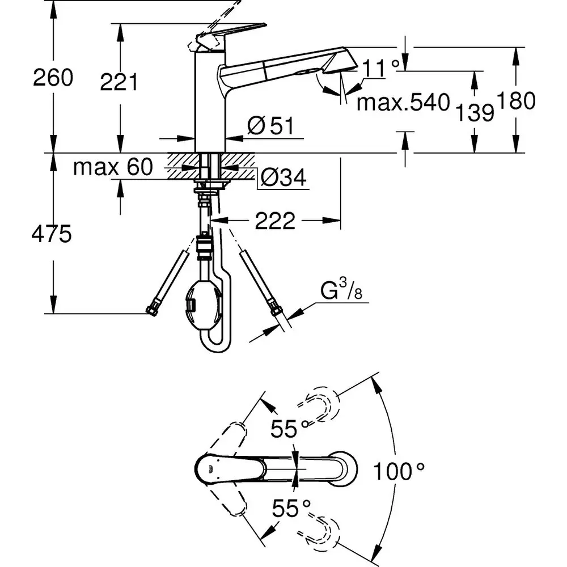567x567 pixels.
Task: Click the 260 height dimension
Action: (x=53, y=78)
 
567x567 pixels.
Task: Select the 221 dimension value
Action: (x=119, y=83)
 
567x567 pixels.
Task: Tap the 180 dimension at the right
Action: (x=515, y=101)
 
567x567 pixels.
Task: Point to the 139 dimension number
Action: (x=475, y=113)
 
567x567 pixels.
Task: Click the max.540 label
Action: (x=403, y=103)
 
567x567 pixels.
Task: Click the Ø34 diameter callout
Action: (x=283, y=179)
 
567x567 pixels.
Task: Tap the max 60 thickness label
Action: (x=113, y=167)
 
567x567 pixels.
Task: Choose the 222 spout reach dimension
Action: (x=275, y=222)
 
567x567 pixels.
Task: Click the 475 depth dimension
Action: (x=52, y=234)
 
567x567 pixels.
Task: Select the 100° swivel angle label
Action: (x=399, y=471)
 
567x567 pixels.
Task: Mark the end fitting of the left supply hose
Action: (x=151, y=310)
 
